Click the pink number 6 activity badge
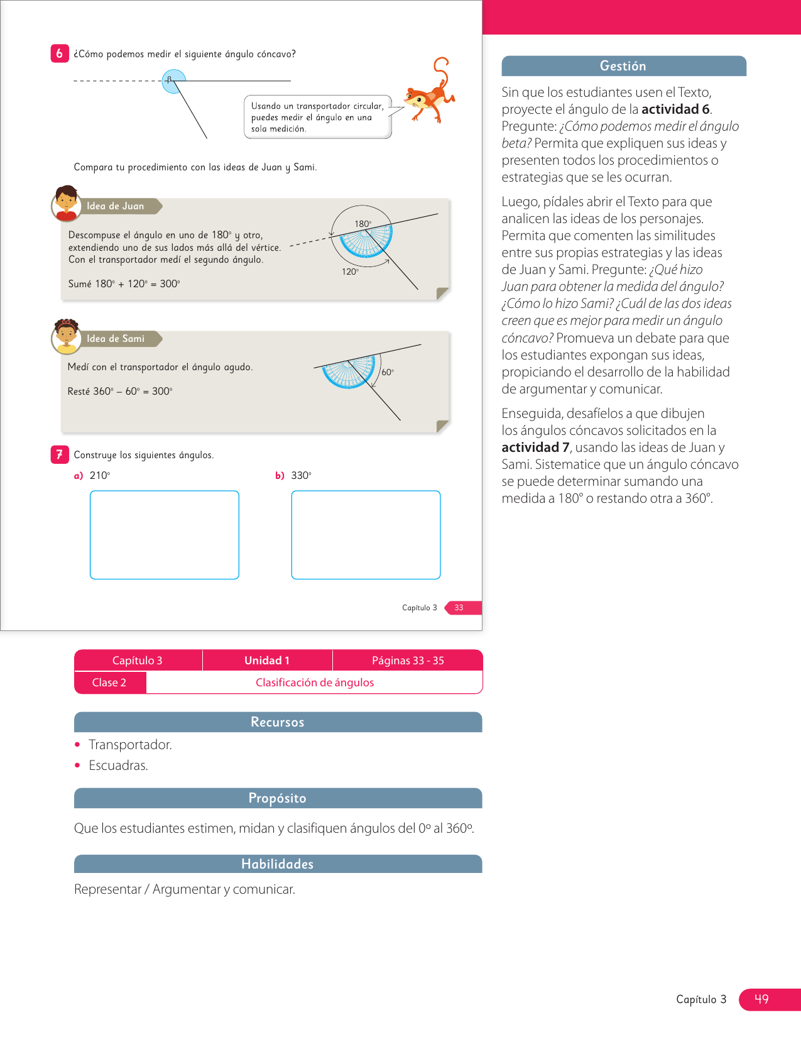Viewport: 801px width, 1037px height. click(x=59, y=53)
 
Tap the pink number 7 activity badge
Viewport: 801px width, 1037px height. click(x=59, y=454)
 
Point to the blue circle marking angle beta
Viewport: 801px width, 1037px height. click(x=173, y=82)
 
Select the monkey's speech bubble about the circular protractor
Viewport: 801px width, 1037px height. click(x=317, y=117)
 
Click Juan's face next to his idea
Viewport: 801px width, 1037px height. click(x=66, y=203)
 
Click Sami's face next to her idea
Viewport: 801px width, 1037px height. click(x=66, y=336)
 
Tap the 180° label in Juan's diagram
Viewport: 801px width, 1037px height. click(x=362, y=224)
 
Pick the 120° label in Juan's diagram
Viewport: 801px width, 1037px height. click(x=350, y=272)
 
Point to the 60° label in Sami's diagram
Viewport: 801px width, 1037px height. click(x=388, y=372)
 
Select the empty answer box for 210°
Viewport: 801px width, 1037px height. click(x=165, y=535)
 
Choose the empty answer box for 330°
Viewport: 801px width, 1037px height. click(x=366, y=535)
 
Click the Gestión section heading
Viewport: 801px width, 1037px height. click(x=623, y=66)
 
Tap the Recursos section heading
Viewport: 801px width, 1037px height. click(x=278, y=722)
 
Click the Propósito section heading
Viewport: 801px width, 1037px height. click(x=278, y=798)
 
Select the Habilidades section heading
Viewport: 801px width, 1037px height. click(x=278, y=864)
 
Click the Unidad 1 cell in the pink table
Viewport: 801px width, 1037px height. click(x=267, y=661)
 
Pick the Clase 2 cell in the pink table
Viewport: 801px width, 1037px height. click(x=109, y=683)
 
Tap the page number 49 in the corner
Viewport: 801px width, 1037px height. click(x=761, y=999)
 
